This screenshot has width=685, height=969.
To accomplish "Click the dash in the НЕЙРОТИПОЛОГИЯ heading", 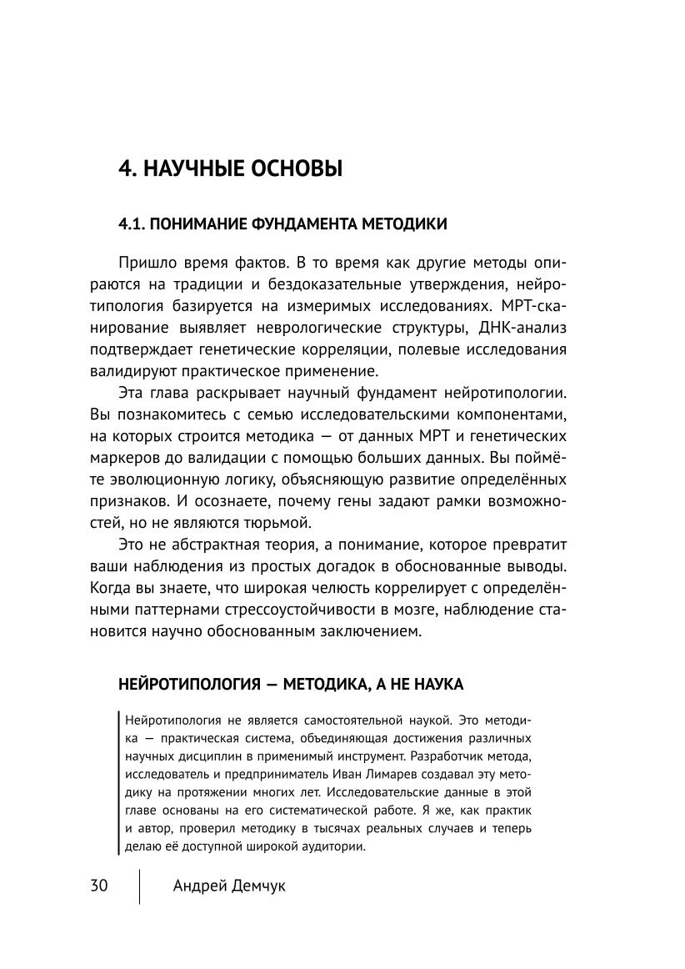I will click(x=271, y=684).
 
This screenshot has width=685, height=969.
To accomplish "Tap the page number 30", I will click(x=99, y=886).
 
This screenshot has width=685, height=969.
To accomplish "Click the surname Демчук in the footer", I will click(x=253, y=886).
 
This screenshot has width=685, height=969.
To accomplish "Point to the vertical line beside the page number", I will click(x=139, y=886).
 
